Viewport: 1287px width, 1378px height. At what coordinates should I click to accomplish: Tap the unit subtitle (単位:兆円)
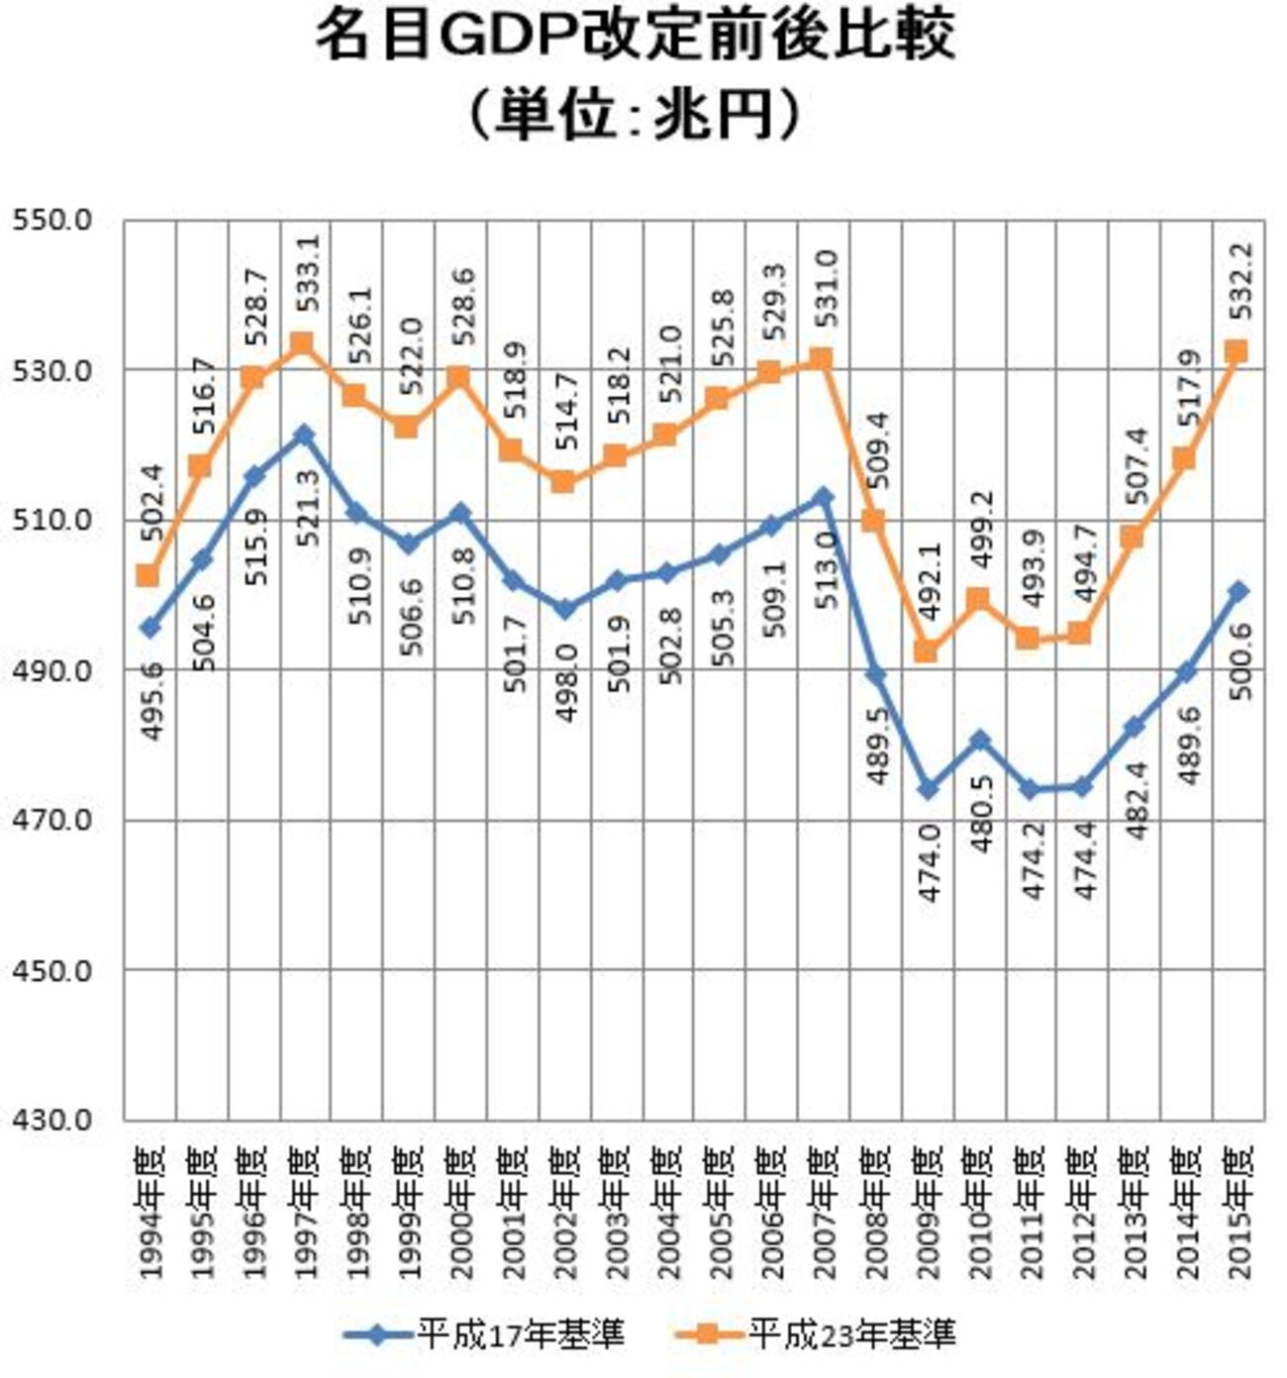pyautogui.click(x=635, y=115)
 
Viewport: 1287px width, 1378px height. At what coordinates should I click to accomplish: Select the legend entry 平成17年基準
pyautogui.click(x=485, y=1334)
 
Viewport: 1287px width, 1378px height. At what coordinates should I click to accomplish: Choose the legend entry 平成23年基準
pyautogui.click(x=817, y=1334)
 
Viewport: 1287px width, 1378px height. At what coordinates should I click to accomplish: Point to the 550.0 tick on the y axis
pyautogui.click(x=51, y=220)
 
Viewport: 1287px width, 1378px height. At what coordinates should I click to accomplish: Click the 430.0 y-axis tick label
pyautogui.click(x=51, y=1120)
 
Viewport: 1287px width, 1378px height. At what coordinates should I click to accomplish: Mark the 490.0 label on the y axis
pyautogui.click(x=51, y=670)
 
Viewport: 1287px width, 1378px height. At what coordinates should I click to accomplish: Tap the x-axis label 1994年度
pyautogui.click(x=150, y=1213)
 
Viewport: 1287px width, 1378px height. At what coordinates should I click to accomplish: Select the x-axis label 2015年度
pyautogui.click(x=1237, y=1213)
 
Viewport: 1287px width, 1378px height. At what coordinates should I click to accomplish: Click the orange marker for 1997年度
pyautogui.click(x=303, y=344)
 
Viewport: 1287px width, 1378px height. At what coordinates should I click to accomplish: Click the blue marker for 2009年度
pyautogui.click(x=927, y=789)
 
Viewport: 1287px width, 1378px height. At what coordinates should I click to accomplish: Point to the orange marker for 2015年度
pyautogui.click(x=1237, y=351)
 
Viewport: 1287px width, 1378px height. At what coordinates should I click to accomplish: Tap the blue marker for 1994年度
pyautogui.click(x=149, y=628)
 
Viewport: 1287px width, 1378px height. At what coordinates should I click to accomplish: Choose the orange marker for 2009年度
pyautogui.click(x=926, y=650)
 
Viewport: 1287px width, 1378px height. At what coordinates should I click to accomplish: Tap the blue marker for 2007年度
pyautogui.click(x=823, y=496)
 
